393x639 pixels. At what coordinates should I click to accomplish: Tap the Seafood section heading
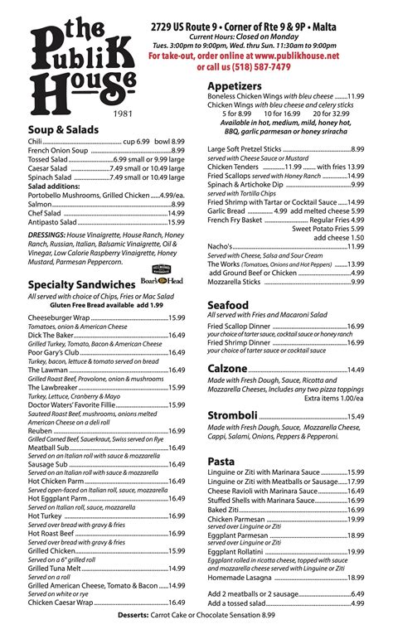227,305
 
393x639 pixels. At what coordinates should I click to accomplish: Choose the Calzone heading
227,368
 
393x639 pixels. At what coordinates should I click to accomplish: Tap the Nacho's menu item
221,246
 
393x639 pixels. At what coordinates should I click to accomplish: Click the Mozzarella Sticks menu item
234,282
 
